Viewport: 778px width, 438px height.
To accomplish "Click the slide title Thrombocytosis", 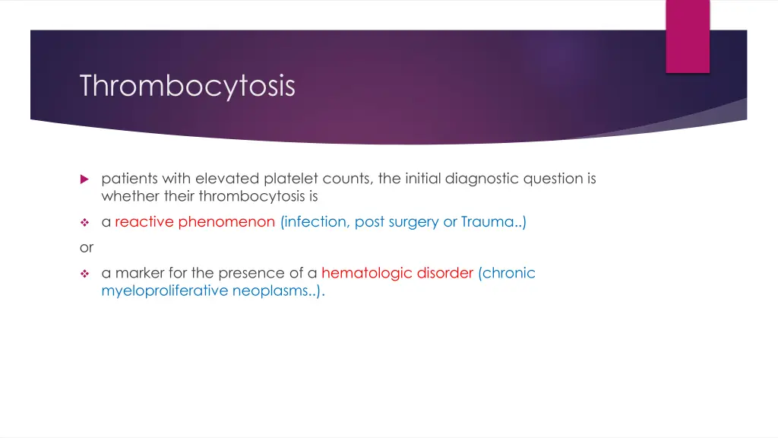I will pos(187,86).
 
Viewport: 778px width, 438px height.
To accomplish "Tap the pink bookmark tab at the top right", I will pos(688,36).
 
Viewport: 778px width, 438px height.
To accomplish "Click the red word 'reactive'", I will pos(144,222).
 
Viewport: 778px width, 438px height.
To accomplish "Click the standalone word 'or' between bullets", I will pos(86,247).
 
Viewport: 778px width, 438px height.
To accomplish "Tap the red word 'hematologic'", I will pos(365,272).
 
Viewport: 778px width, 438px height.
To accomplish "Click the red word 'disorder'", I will pos(444,272).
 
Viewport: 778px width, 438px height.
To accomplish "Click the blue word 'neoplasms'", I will pos(272,290).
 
